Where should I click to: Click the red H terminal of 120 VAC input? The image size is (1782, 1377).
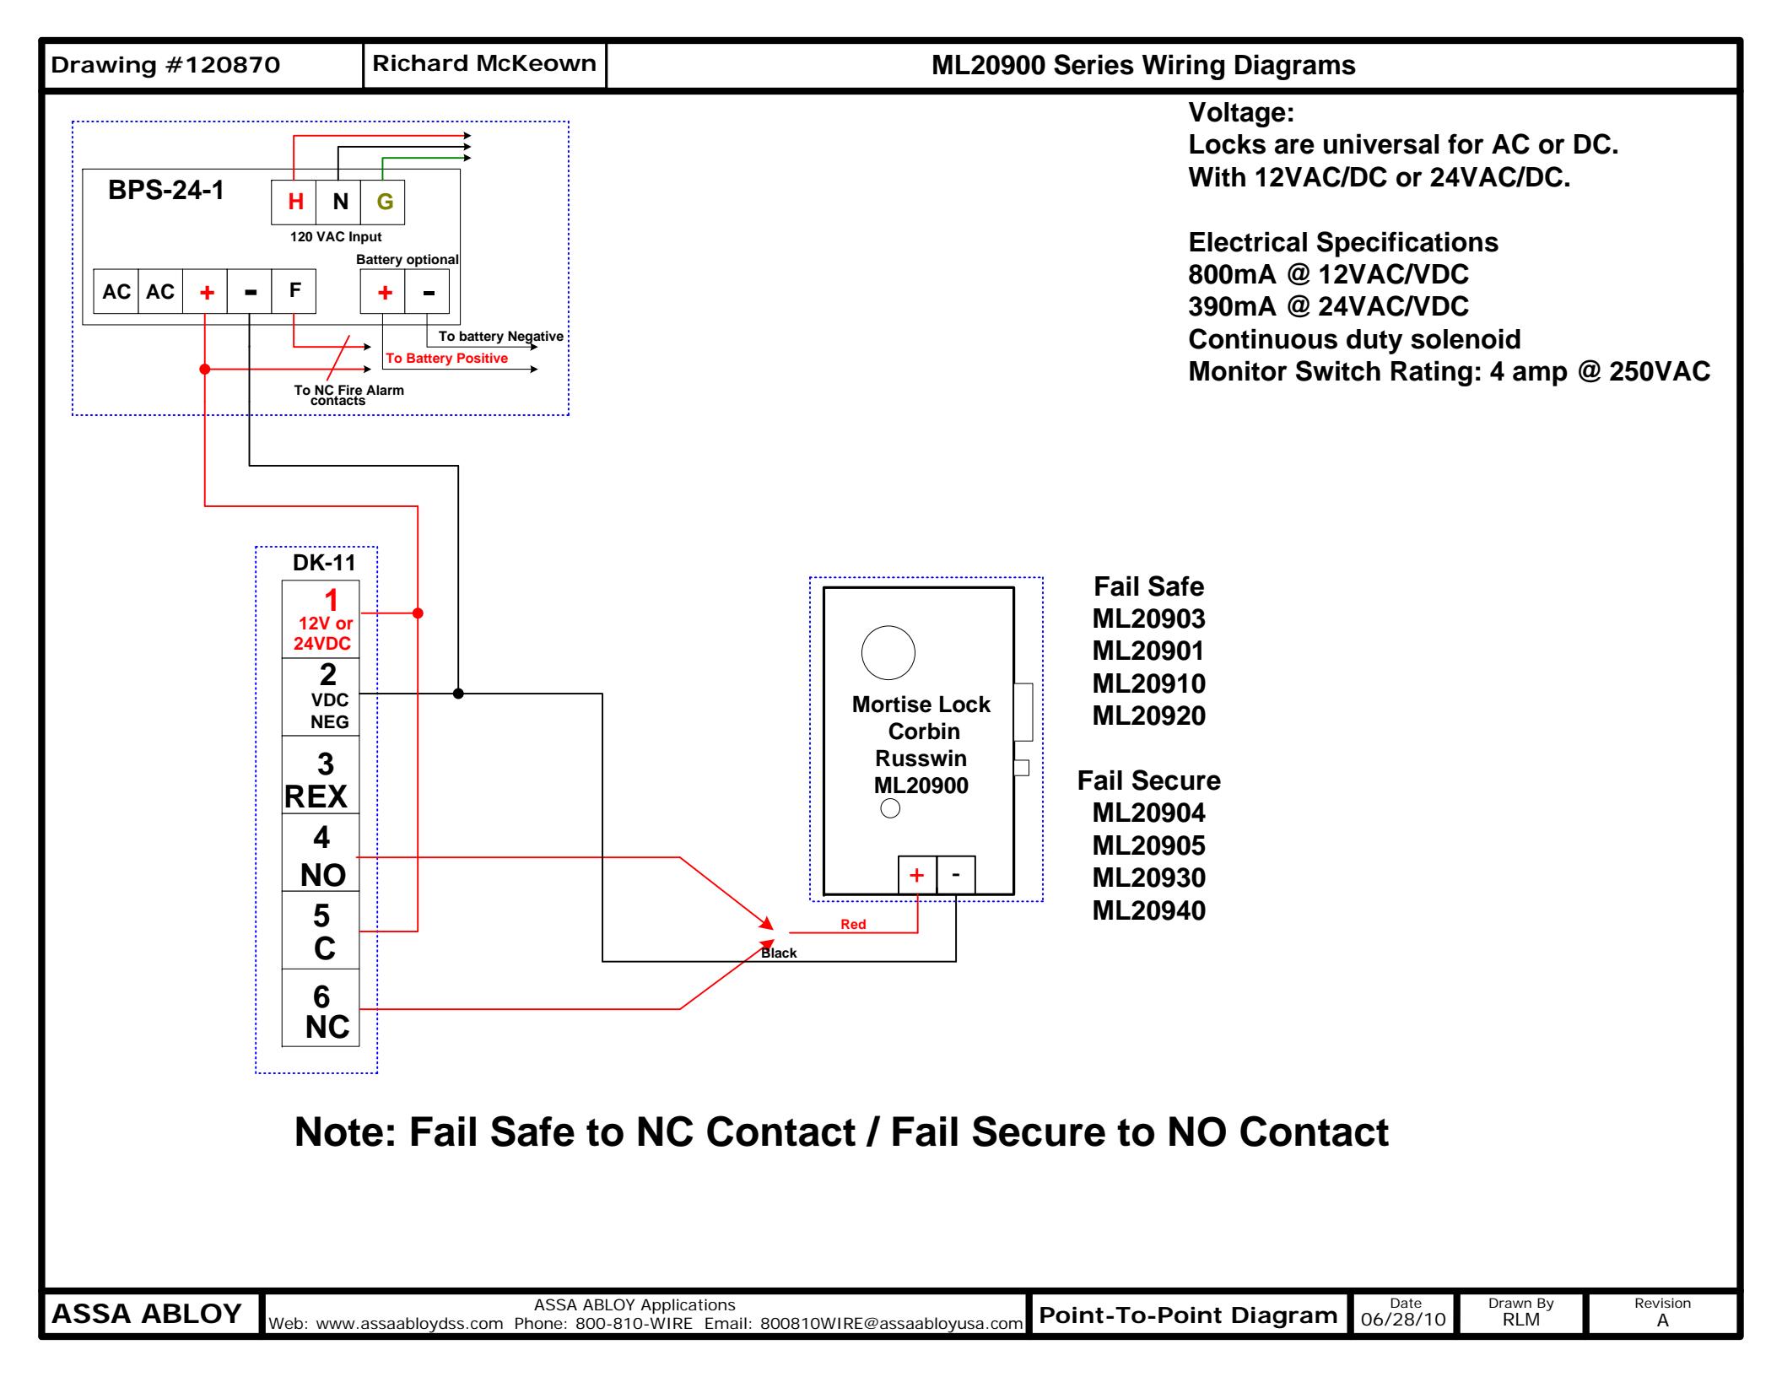[x=294, y=202]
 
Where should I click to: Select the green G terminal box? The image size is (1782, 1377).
[x=384, y=202]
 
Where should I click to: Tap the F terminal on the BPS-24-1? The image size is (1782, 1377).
[x=294, y=291]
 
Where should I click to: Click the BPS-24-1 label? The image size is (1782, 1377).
[x=166, y=191]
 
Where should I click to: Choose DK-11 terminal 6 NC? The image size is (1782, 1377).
[x=321, y=1010]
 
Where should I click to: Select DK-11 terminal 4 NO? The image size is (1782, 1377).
[x=321, y=854]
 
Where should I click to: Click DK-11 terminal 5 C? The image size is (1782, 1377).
[x=321, y=932]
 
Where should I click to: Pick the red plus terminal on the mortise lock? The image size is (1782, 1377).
[x=917, y=875]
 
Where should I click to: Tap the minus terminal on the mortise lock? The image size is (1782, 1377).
[x=956, y=875]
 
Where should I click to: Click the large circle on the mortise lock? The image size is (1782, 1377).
[x=888, y=652]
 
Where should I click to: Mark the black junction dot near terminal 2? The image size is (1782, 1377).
[x=458, y=694]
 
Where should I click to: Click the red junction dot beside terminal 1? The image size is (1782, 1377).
[x=418, y=613]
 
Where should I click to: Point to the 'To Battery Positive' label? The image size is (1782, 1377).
[x=447, y=359]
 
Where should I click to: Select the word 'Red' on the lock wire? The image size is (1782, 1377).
[x=853, y=925]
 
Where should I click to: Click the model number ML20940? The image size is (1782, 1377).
[x=1148, y=911]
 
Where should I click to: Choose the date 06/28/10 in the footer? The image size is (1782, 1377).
[x=1403, y=1320]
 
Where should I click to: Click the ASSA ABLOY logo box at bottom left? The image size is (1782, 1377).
[x=148, y=1314]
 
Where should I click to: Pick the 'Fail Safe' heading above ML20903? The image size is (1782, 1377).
[x=1148, y=587]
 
